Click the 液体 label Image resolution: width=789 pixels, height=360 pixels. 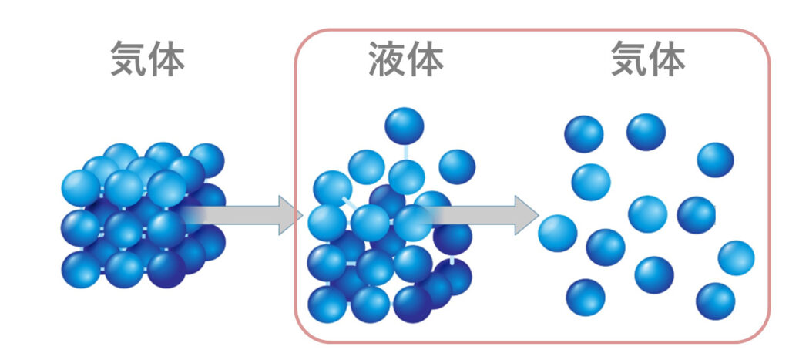point(405,60)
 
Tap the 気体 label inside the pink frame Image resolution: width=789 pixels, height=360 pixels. point(648,60)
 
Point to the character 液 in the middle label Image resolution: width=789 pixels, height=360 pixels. point(387,60)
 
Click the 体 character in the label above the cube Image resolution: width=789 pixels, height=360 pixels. point(166,60)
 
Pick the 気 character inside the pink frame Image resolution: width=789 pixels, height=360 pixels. point(629,60)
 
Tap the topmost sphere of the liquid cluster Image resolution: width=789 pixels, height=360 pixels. point(405,126)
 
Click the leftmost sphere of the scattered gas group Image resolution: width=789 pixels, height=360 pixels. point(557,234)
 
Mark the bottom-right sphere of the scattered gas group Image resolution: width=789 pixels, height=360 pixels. point(715,301)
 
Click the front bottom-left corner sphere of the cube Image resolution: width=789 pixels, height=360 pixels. point(81,270)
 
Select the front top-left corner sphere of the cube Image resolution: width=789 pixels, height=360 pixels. point(81,187)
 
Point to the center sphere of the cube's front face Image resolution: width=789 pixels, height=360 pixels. point(124,229)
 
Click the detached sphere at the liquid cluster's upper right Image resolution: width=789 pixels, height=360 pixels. point(457,167)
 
